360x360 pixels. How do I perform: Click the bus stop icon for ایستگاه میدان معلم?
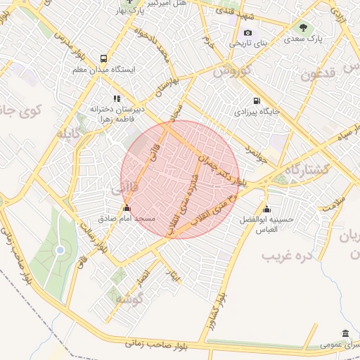tap(104, 59)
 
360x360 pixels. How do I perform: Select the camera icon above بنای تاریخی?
tap(247, 32)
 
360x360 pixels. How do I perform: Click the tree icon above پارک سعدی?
tap(303, 28)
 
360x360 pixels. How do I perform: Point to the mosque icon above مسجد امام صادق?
tap(127, 208)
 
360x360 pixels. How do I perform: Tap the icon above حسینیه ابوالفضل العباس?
tap(266, 209)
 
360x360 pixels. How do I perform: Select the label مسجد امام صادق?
tap(127, 219)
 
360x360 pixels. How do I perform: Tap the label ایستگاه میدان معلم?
tap(104, 70)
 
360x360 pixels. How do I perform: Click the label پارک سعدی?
tap(303, 40)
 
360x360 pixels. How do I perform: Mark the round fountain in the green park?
tap(60, 250)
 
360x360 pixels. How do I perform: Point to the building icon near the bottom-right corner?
tap(345, 333)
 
